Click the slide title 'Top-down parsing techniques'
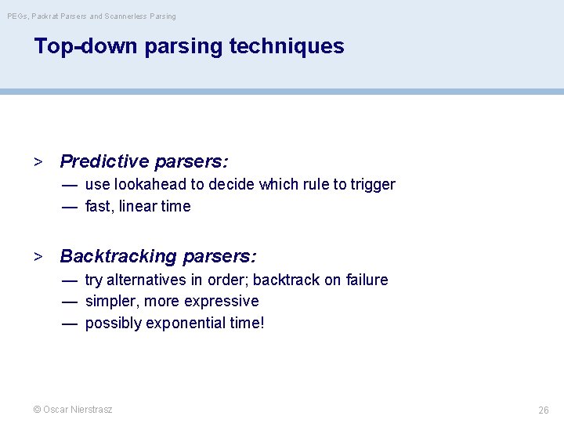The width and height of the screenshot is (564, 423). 189,46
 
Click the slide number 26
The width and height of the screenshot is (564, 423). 543,410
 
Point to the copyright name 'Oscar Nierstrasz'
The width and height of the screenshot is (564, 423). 78,410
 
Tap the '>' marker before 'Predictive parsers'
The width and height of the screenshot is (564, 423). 37,162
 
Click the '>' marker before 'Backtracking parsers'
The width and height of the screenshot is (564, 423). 37,257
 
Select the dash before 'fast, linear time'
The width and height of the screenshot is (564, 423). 70,207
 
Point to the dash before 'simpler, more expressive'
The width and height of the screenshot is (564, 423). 70,302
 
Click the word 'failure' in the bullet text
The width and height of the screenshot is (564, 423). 365,280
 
